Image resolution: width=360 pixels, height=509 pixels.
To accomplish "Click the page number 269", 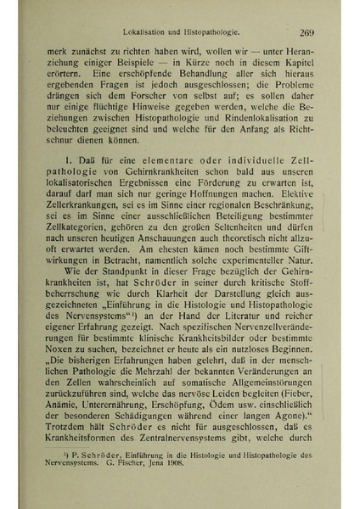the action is point(307,33).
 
